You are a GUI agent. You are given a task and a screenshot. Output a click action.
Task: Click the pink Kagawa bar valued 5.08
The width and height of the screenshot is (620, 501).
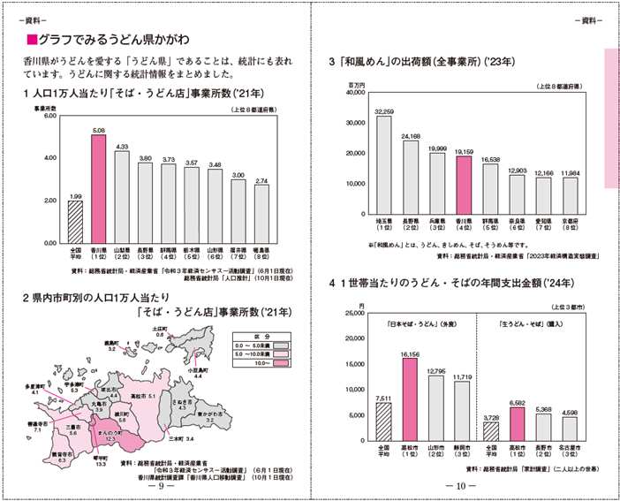tap(98, 188)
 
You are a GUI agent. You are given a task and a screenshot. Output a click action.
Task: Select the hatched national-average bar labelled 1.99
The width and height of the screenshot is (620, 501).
tap(75, 221)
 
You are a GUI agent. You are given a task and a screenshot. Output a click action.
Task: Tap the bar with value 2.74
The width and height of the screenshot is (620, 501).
tap(261, 213)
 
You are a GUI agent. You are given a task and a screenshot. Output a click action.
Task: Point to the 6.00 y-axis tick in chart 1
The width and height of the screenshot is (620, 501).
tap(49, 116)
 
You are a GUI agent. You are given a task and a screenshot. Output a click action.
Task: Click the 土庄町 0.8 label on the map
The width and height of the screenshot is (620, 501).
tap(161, 331)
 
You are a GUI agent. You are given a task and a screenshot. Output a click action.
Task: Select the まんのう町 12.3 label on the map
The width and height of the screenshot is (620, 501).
tap(110, 436)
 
